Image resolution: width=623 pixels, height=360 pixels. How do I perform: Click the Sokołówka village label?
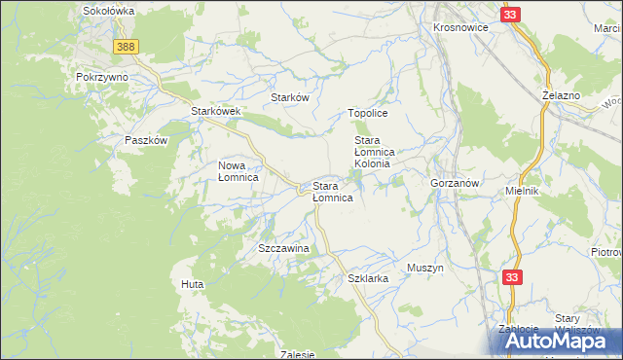point(108,10)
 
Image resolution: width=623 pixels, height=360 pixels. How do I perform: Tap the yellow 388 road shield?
point(125,47)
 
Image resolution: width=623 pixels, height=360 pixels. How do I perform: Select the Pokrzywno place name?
point(102,76)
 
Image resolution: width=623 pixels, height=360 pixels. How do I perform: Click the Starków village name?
point(289,98)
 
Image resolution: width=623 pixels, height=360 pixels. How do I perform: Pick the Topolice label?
point(368,114)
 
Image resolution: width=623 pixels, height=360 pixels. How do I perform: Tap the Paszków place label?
point(147,140)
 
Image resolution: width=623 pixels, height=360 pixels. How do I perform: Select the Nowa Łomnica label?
point(238,171)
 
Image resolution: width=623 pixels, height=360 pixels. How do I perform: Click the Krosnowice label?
point(460,27)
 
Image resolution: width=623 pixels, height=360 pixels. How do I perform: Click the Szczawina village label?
point(283,249)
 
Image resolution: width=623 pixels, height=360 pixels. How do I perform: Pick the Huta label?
point(191,284)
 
